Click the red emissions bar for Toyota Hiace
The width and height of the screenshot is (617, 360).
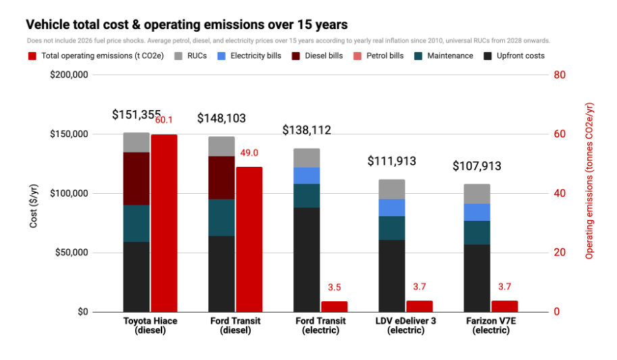tap(164, 223)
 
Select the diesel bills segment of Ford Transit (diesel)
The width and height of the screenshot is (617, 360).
tap(222, 178)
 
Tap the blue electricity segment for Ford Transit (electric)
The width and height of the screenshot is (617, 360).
tap(307, 176)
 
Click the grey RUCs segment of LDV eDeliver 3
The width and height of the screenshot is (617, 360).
tap(391, 189)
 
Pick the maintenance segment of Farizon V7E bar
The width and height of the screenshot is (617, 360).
tap(477, 232)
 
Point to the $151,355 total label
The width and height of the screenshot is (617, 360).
tap(136, 115)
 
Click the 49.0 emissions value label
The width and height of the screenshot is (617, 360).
tap(249, 153)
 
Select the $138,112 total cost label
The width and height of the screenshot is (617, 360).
tap(307, 130)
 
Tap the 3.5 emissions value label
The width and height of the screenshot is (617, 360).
tap(334, 287)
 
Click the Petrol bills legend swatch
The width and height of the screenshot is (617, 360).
tap(357, 56)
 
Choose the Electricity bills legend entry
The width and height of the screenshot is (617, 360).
tap(249, 56)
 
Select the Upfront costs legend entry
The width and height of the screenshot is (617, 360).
tap(514, 56)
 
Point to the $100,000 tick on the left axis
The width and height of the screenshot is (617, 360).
tap(69, 193)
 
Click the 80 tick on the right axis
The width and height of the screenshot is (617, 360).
tap(560, 75)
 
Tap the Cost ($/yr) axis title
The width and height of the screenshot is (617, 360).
tap(33, 206)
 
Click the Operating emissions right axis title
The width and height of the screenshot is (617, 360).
tap(589, 181)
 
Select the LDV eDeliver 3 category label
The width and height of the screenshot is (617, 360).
tap(405, 326)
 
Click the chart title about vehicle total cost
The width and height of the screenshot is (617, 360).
tap(187, 24)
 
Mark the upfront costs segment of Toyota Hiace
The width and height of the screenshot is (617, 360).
tap(136, 277)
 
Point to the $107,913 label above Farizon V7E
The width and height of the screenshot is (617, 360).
tap(477, 165)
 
